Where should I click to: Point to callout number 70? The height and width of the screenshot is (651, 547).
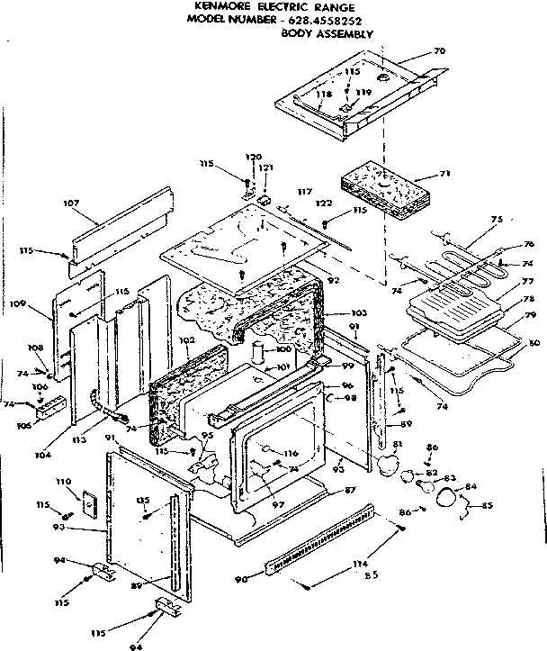pyautogui.click(x=439, y=51)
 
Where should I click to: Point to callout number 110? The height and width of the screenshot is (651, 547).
pyautogui.click(x=63, y=484)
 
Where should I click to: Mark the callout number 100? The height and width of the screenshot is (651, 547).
pyautogui.click(x=283, y=348)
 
